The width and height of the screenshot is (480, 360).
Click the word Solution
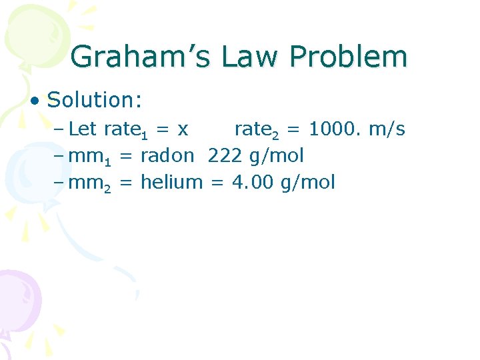pos(94,100)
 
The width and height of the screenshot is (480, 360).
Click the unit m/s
pos(387,129)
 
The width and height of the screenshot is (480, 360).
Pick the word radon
pos(167,155)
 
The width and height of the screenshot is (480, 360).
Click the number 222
pos(225,155)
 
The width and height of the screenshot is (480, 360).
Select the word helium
pos(171,181)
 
